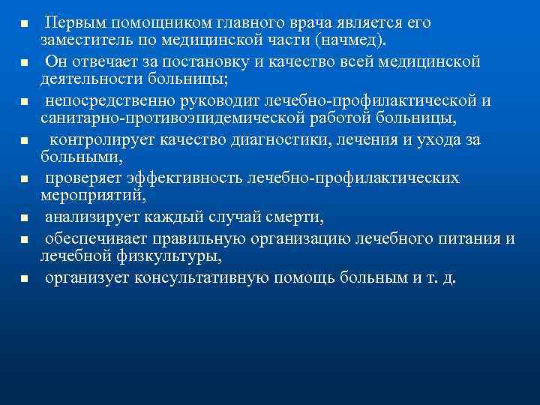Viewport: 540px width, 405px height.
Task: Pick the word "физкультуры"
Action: coord(169,256)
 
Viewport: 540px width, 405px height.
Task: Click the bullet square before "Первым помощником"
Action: coord(23,25)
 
